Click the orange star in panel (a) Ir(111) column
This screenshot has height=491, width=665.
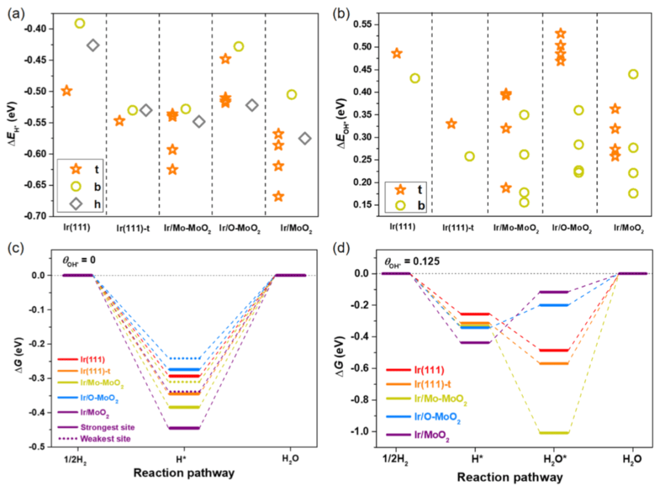(66, 91)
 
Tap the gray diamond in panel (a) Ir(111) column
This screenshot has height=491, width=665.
(93, 45)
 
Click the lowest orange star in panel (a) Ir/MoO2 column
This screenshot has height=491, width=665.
(278, 197)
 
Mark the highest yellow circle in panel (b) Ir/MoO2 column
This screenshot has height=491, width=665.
(632, 74)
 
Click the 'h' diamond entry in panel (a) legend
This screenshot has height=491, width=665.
(76, 204)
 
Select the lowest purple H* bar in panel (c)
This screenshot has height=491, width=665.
(184, 428)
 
